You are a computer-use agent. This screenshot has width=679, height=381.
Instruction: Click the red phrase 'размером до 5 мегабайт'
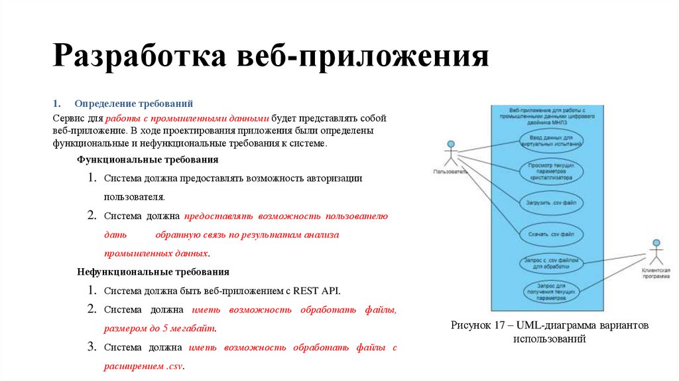(160, 328)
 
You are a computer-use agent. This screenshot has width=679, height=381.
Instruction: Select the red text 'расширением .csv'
(143, 366)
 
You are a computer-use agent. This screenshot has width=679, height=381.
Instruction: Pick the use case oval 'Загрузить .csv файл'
(550, 202)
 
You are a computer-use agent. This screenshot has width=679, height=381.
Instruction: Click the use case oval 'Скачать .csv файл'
(550, 234)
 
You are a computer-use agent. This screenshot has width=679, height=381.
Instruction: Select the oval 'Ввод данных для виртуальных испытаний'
(550, 140)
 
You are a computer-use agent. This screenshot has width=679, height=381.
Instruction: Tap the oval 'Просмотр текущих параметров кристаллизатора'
(550, 171)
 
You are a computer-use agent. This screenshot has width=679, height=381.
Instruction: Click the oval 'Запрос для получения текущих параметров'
(550, 292)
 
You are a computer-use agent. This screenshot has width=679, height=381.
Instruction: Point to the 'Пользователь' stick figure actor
(451, 154)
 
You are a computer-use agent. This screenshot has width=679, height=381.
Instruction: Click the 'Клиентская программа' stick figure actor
(656, 251)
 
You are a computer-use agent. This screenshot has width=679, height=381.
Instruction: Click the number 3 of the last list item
(92, 346)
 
